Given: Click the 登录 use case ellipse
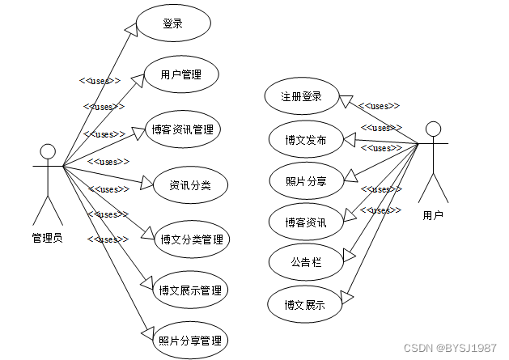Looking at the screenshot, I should tap(173, 23).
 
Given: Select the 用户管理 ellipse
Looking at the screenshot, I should tap(180, 75).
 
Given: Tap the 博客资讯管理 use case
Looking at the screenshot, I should tap(185, 129).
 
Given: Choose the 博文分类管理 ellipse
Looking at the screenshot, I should tap(191, 239).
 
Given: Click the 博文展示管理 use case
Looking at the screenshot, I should tap(191, 290).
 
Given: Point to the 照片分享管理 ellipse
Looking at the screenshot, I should tap(191, 341).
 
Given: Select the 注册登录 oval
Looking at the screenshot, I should tap(301, 96).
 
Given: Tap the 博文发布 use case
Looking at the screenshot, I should tap(306, 139).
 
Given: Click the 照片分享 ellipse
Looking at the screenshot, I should tap(306, 180).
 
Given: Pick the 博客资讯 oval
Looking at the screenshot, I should tap(306, 222).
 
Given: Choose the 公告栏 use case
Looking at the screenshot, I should tap(306, 261).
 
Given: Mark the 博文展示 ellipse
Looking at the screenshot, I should tap(306, 304).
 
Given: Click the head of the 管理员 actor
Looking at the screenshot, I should tap(48, 151).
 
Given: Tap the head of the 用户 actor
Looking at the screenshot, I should tap(434, 128).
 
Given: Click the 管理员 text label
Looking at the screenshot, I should tap(47, 238).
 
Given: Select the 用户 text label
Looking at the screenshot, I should tap(433, 215).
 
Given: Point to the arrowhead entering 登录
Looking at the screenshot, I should tap(131, 28).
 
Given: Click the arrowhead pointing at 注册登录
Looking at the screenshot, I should tap(345, 100).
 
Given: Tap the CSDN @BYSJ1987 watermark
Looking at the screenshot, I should tap(460, 348).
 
